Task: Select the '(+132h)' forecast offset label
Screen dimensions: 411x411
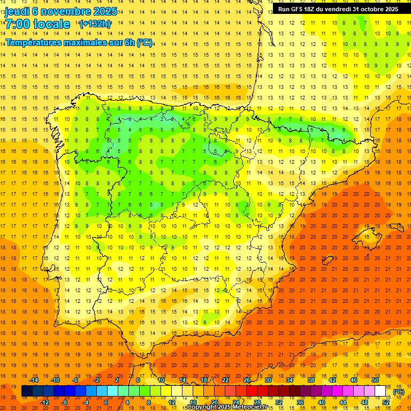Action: tap(95, 24)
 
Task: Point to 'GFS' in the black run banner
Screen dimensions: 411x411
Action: tap(301, 9)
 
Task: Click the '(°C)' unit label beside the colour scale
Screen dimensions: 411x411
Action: tap(399, 392)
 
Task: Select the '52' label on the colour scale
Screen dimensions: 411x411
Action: tap(386, 402)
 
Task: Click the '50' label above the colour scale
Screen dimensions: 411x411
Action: tap(375, 380)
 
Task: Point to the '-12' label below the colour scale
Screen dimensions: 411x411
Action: tap(44, 402)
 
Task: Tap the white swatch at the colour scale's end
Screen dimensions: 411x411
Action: tap(380, 391)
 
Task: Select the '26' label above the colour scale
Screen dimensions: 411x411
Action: tap(247, 380)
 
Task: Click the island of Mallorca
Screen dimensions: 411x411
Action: tap(366, 235)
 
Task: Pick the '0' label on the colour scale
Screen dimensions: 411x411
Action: tap(106, 402)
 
